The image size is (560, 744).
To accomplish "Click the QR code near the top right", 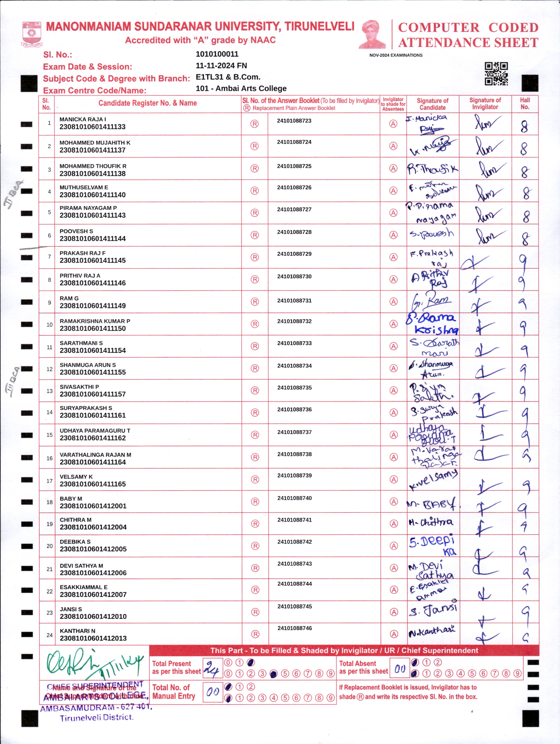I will coord(496,74).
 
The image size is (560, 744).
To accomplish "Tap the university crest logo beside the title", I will coord(32,34).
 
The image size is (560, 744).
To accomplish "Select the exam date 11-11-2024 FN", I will coord(221,66).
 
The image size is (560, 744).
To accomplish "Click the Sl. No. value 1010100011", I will coord(217,54).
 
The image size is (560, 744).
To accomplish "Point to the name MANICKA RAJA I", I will coord(83,119).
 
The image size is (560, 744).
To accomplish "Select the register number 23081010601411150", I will coord(93,329).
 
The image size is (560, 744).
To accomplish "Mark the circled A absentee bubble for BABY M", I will coord(394,502).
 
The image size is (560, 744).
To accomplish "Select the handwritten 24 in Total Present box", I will coord(212,668).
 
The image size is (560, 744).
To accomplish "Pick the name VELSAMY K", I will coord(76,477).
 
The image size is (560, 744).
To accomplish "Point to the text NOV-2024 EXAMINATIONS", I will coord(396,55).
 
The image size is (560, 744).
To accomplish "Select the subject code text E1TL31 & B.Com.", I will coord(228,77).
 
